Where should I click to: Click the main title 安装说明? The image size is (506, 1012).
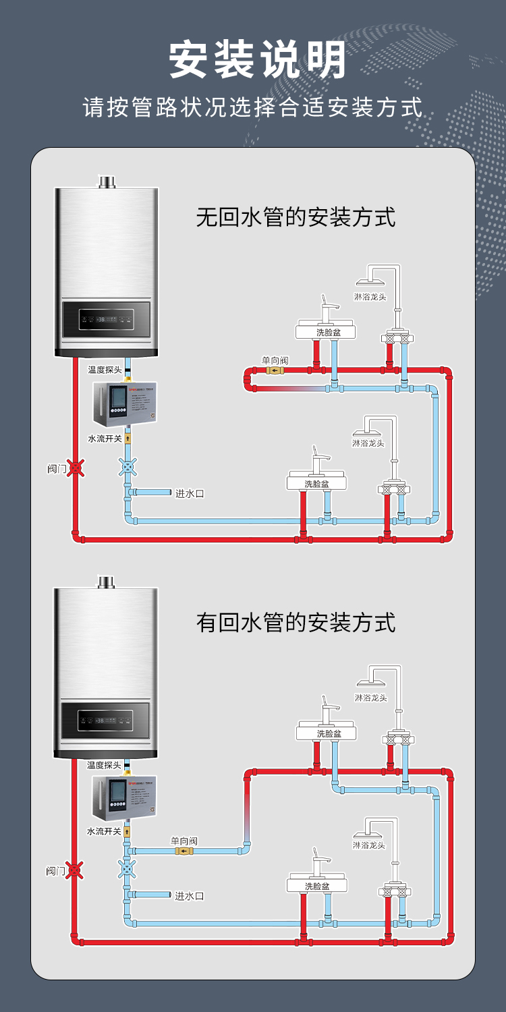point(258,60)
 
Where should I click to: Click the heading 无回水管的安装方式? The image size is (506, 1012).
point(296,217)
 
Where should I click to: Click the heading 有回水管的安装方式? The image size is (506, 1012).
point(296,622)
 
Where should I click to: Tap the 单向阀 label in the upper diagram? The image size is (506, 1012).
point(275,361)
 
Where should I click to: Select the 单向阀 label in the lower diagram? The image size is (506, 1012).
point(184,841)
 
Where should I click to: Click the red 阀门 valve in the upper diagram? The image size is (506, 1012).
point(77,467)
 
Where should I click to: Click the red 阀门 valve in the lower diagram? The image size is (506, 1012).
point(76,870)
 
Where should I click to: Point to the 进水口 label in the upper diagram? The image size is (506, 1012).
point(190,493)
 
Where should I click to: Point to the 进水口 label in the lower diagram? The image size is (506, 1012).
point(189,896)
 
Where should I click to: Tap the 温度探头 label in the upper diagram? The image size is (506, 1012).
point(105,370)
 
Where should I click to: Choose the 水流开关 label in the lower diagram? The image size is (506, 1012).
point(104,832)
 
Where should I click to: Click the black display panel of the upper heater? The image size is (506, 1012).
point(106,319)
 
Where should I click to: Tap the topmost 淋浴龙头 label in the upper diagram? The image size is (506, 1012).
point(370,297)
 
